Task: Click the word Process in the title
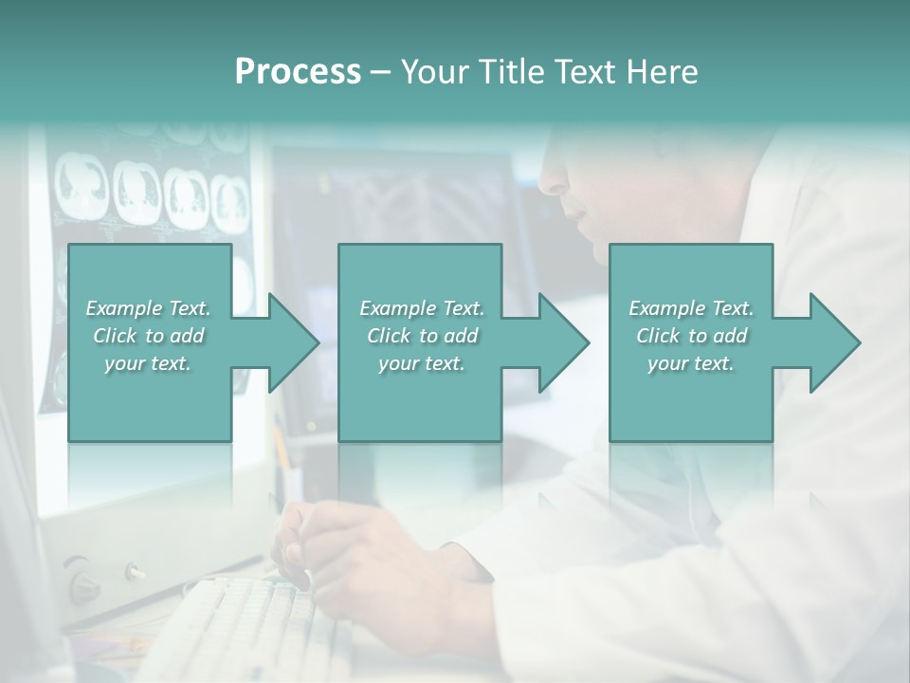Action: tap(298, 72)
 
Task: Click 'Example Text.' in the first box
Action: tap(148, 308)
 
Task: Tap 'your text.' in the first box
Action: tap(148, 363)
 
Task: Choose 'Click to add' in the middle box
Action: tap(422, 336)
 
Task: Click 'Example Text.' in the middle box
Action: tap(422, 308)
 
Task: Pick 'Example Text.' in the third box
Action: tap(691, 308)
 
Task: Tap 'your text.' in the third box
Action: tap(691, 363)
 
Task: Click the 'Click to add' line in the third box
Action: tap(691, 336)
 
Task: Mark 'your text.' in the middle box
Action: tap(422, 363)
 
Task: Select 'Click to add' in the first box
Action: tap(148, 336)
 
